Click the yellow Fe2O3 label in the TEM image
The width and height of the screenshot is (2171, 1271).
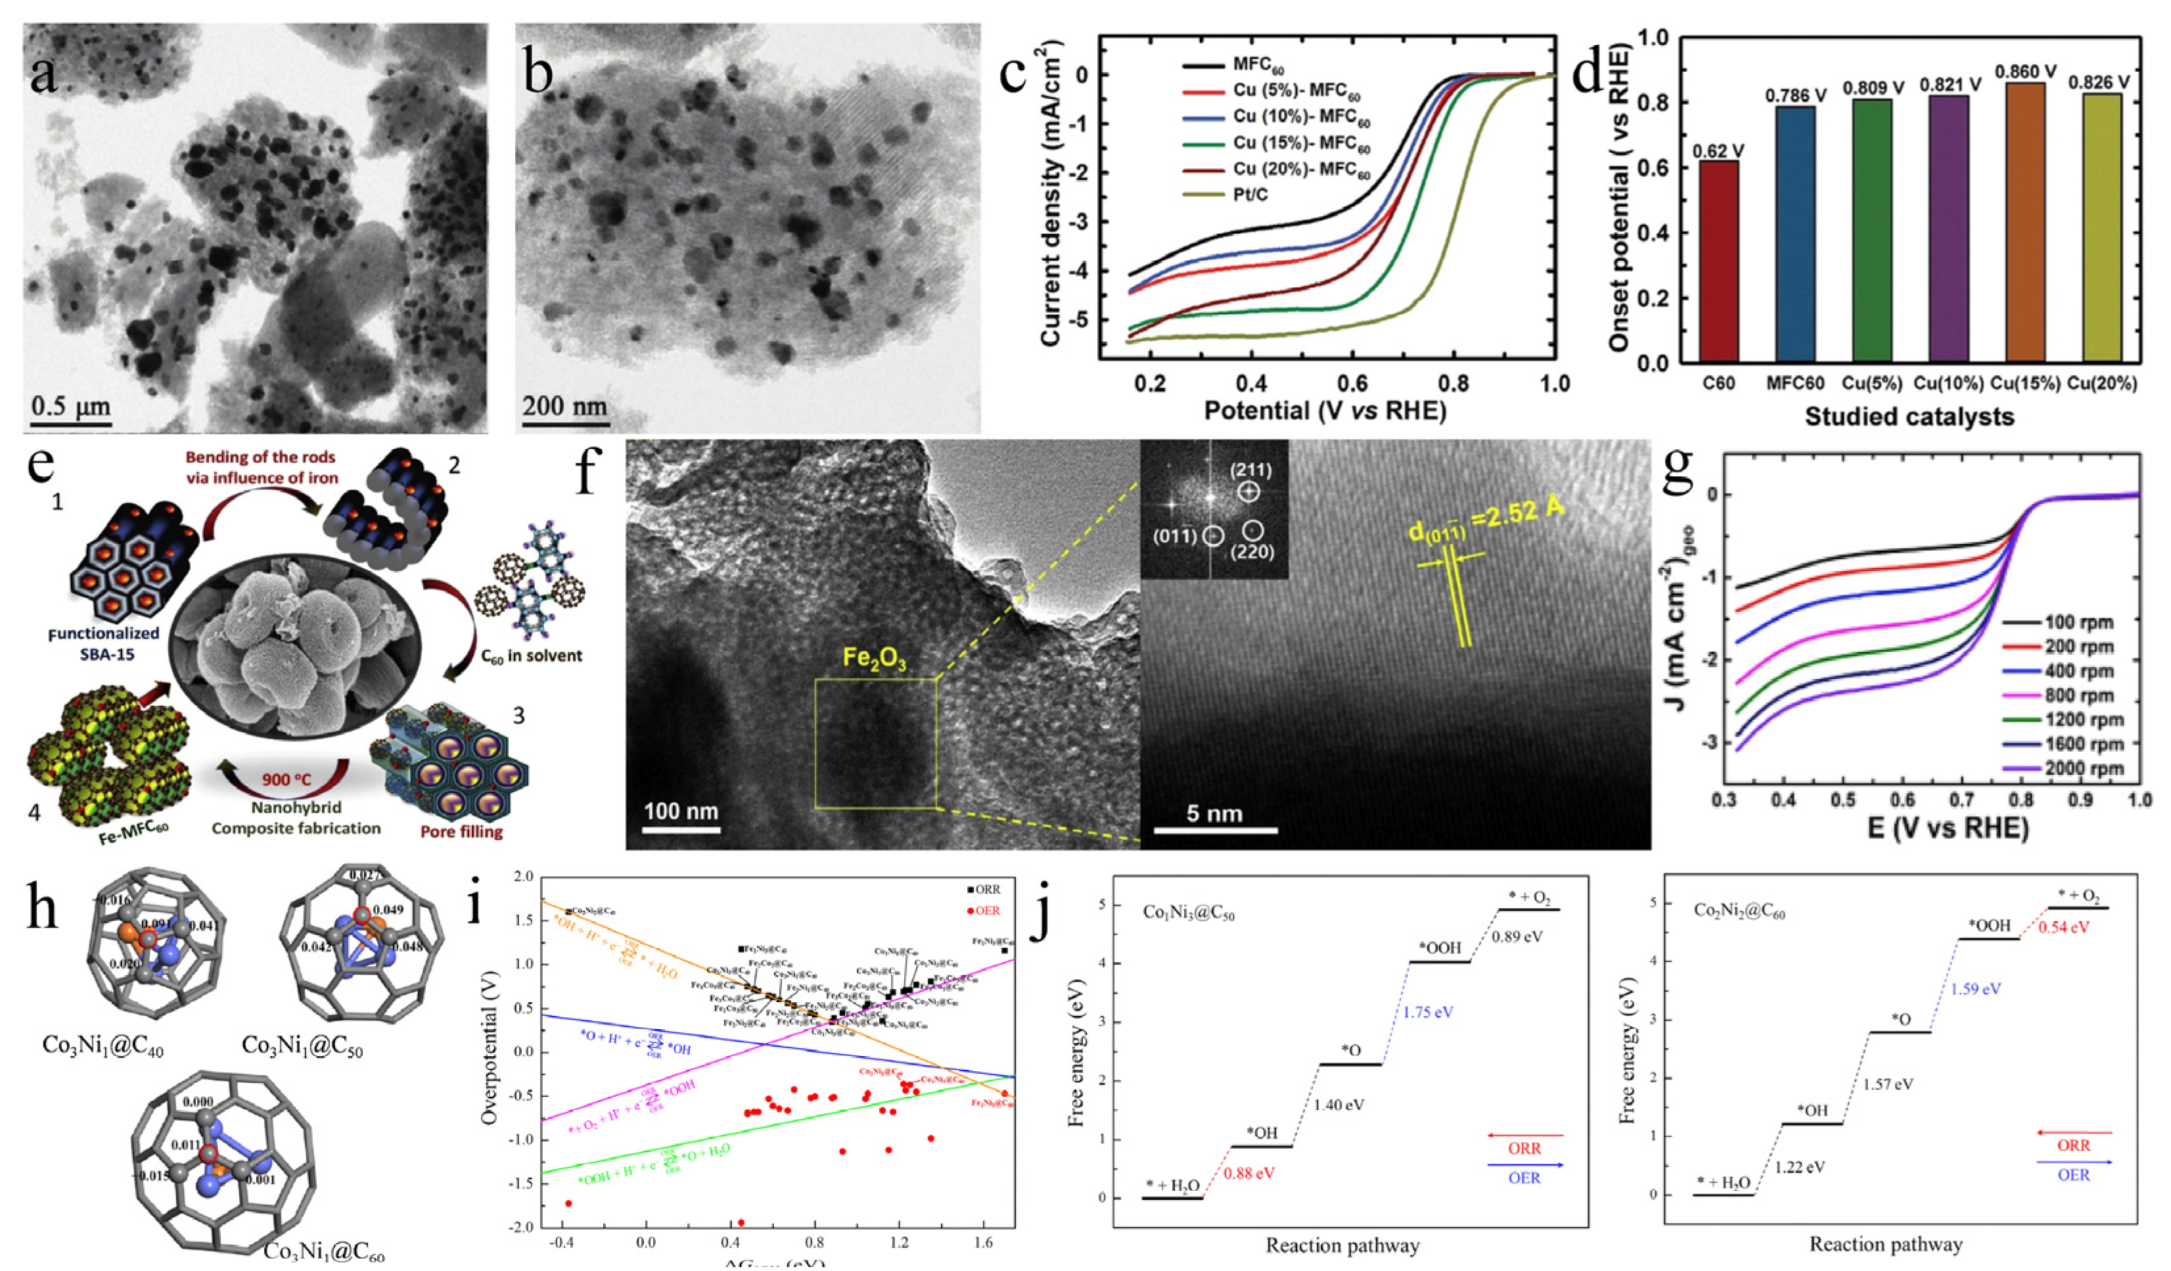point(875,660)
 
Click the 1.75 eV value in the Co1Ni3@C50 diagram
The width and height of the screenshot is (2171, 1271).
point(1428,1011)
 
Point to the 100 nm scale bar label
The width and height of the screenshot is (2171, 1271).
point(681,811)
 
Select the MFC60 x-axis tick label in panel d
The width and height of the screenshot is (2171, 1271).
point(1795,382)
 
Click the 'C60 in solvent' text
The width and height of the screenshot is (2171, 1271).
point(532,656)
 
